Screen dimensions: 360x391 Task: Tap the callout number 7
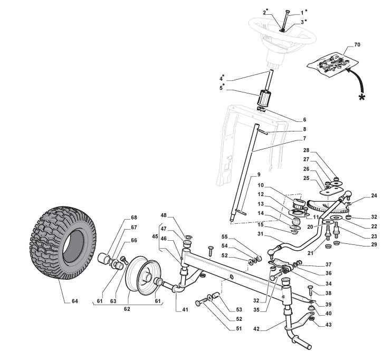(289, 139)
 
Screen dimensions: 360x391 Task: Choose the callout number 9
(259, 175)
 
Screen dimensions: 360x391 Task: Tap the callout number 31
(259, 234)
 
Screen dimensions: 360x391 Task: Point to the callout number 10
(260, 186)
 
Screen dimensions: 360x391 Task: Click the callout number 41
(185, 309)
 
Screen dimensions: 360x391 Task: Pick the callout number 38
(328, 293)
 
